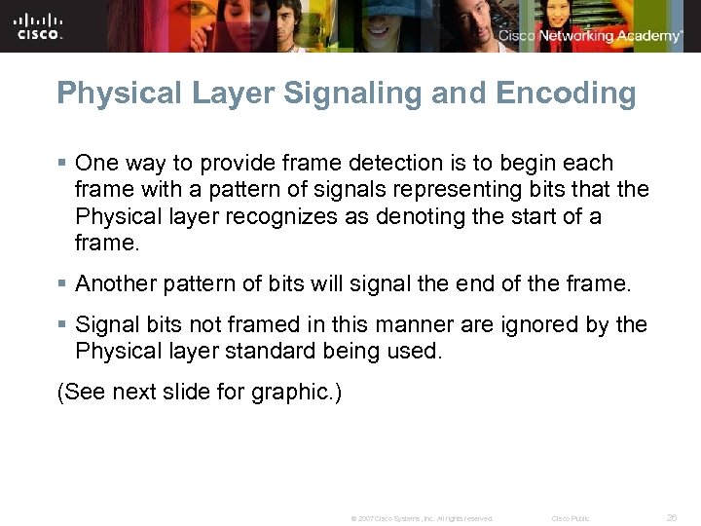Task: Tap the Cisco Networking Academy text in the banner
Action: (x=590, y=36)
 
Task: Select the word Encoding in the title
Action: (x=566, y=94)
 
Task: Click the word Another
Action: (x=115, y=283)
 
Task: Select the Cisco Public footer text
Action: (x=571, y=518)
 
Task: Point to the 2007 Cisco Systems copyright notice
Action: (x=422, y=518)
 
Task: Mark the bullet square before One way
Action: (x=63, y=163)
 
